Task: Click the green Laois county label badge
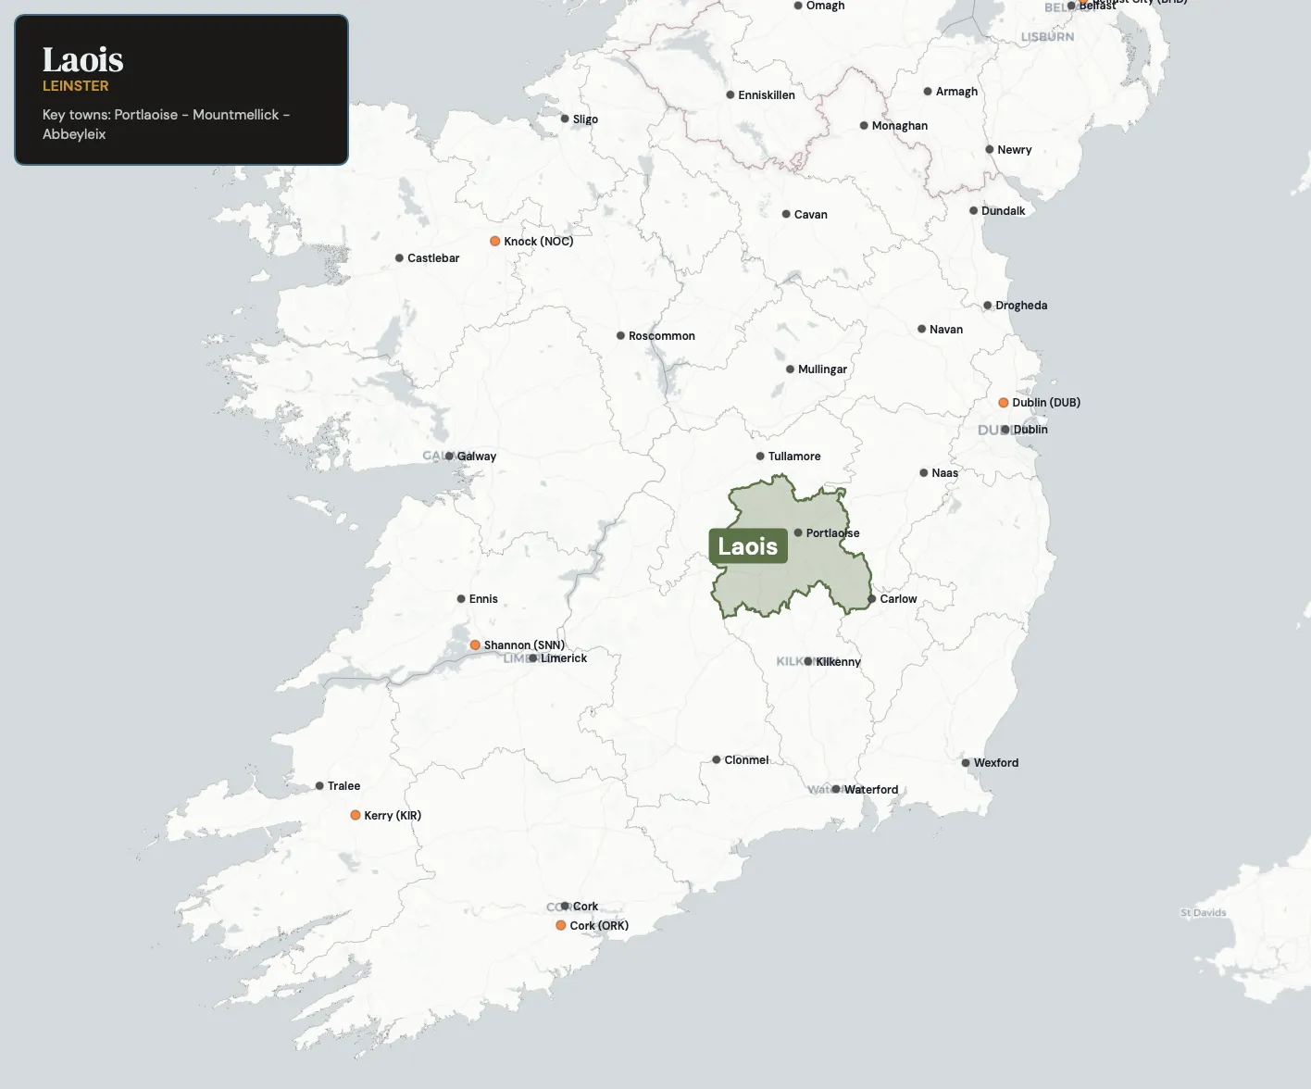(748, 546)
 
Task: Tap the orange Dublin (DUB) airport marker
(1003, 403)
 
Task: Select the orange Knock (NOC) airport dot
(495, 242)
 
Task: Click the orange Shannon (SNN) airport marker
(475, 645)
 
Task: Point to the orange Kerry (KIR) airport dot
(356, 816)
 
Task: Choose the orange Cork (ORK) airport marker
(561, 926)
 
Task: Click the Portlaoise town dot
(798, 532)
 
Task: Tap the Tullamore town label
(793, 457)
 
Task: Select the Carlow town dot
(871, 599)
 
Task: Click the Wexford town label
(995, 763)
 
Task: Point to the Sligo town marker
(565, 119)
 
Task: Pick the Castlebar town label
(433, 258)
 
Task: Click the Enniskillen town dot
(730, 95)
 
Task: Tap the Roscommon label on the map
(661, 336)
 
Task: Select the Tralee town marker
(319, 786)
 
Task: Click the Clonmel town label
(746, 760)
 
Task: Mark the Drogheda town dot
(987, 306)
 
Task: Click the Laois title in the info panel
(82, 60)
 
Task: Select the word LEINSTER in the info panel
(76, 86)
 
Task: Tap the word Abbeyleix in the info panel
(74, 134)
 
